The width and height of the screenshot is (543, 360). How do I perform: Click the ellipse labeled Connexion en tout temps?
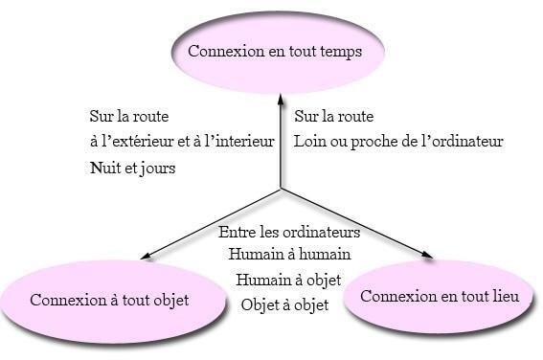[275, 52]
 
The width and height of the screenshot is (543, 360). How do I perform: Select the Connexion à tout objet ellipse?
[110, 300]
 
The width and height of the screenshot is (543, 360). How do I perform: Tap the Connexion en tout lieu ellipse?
[440, 296]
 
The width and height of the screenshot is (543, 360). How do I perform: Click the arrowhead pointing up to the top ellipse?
[281, 97]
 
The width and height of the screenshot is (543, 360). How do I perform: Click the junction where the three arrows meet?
[281, 189]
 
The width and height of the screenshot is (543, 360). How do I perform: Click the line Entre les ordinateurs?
[289, 233]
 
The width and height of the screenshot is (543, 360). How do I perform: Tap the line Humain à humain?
[289, 255]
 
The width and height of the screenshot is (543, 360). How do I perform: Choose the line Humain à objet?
[289, 281]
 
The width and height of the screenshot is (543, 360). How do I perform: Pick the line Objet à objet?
[285, 305]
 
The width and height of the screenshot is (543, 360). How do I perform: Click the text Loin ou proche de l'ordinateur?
[398, 142]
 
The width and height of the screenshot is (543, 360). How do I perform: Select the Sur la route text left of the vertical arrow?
[128, 117]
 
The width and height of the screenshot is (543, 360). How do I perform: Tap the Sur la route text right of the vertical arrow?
[334, 117]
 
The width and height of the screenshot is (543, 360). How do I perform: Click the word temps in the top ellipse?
[340, 52]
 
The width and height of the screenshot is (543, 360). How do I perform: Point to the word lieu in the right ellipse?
[504, 297]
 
